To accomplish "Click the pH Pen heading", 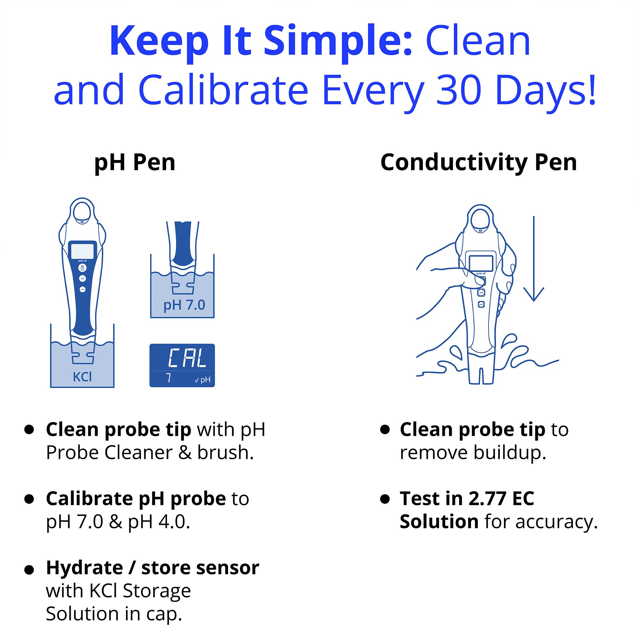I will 134,163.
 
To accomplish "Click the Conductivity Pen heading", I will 479,163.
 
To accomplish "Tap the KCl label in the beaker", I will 82,377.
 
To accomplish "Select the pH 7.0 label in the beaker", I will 184,305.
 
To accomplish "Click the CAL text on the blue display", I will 187,358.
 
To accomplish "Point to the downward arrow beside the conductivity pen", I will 534,258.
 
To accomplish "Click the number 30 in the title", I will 459,90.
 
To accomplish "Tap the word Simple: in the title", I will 338,42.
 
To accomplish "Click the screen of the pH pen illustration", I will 82,251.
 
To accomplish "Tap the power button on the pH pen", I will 82,267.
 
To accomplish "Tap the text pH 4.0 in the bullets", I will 159,522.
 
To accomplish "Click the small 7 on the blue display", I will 169,378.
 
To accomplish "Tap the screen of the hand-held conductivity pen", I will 481,263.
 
